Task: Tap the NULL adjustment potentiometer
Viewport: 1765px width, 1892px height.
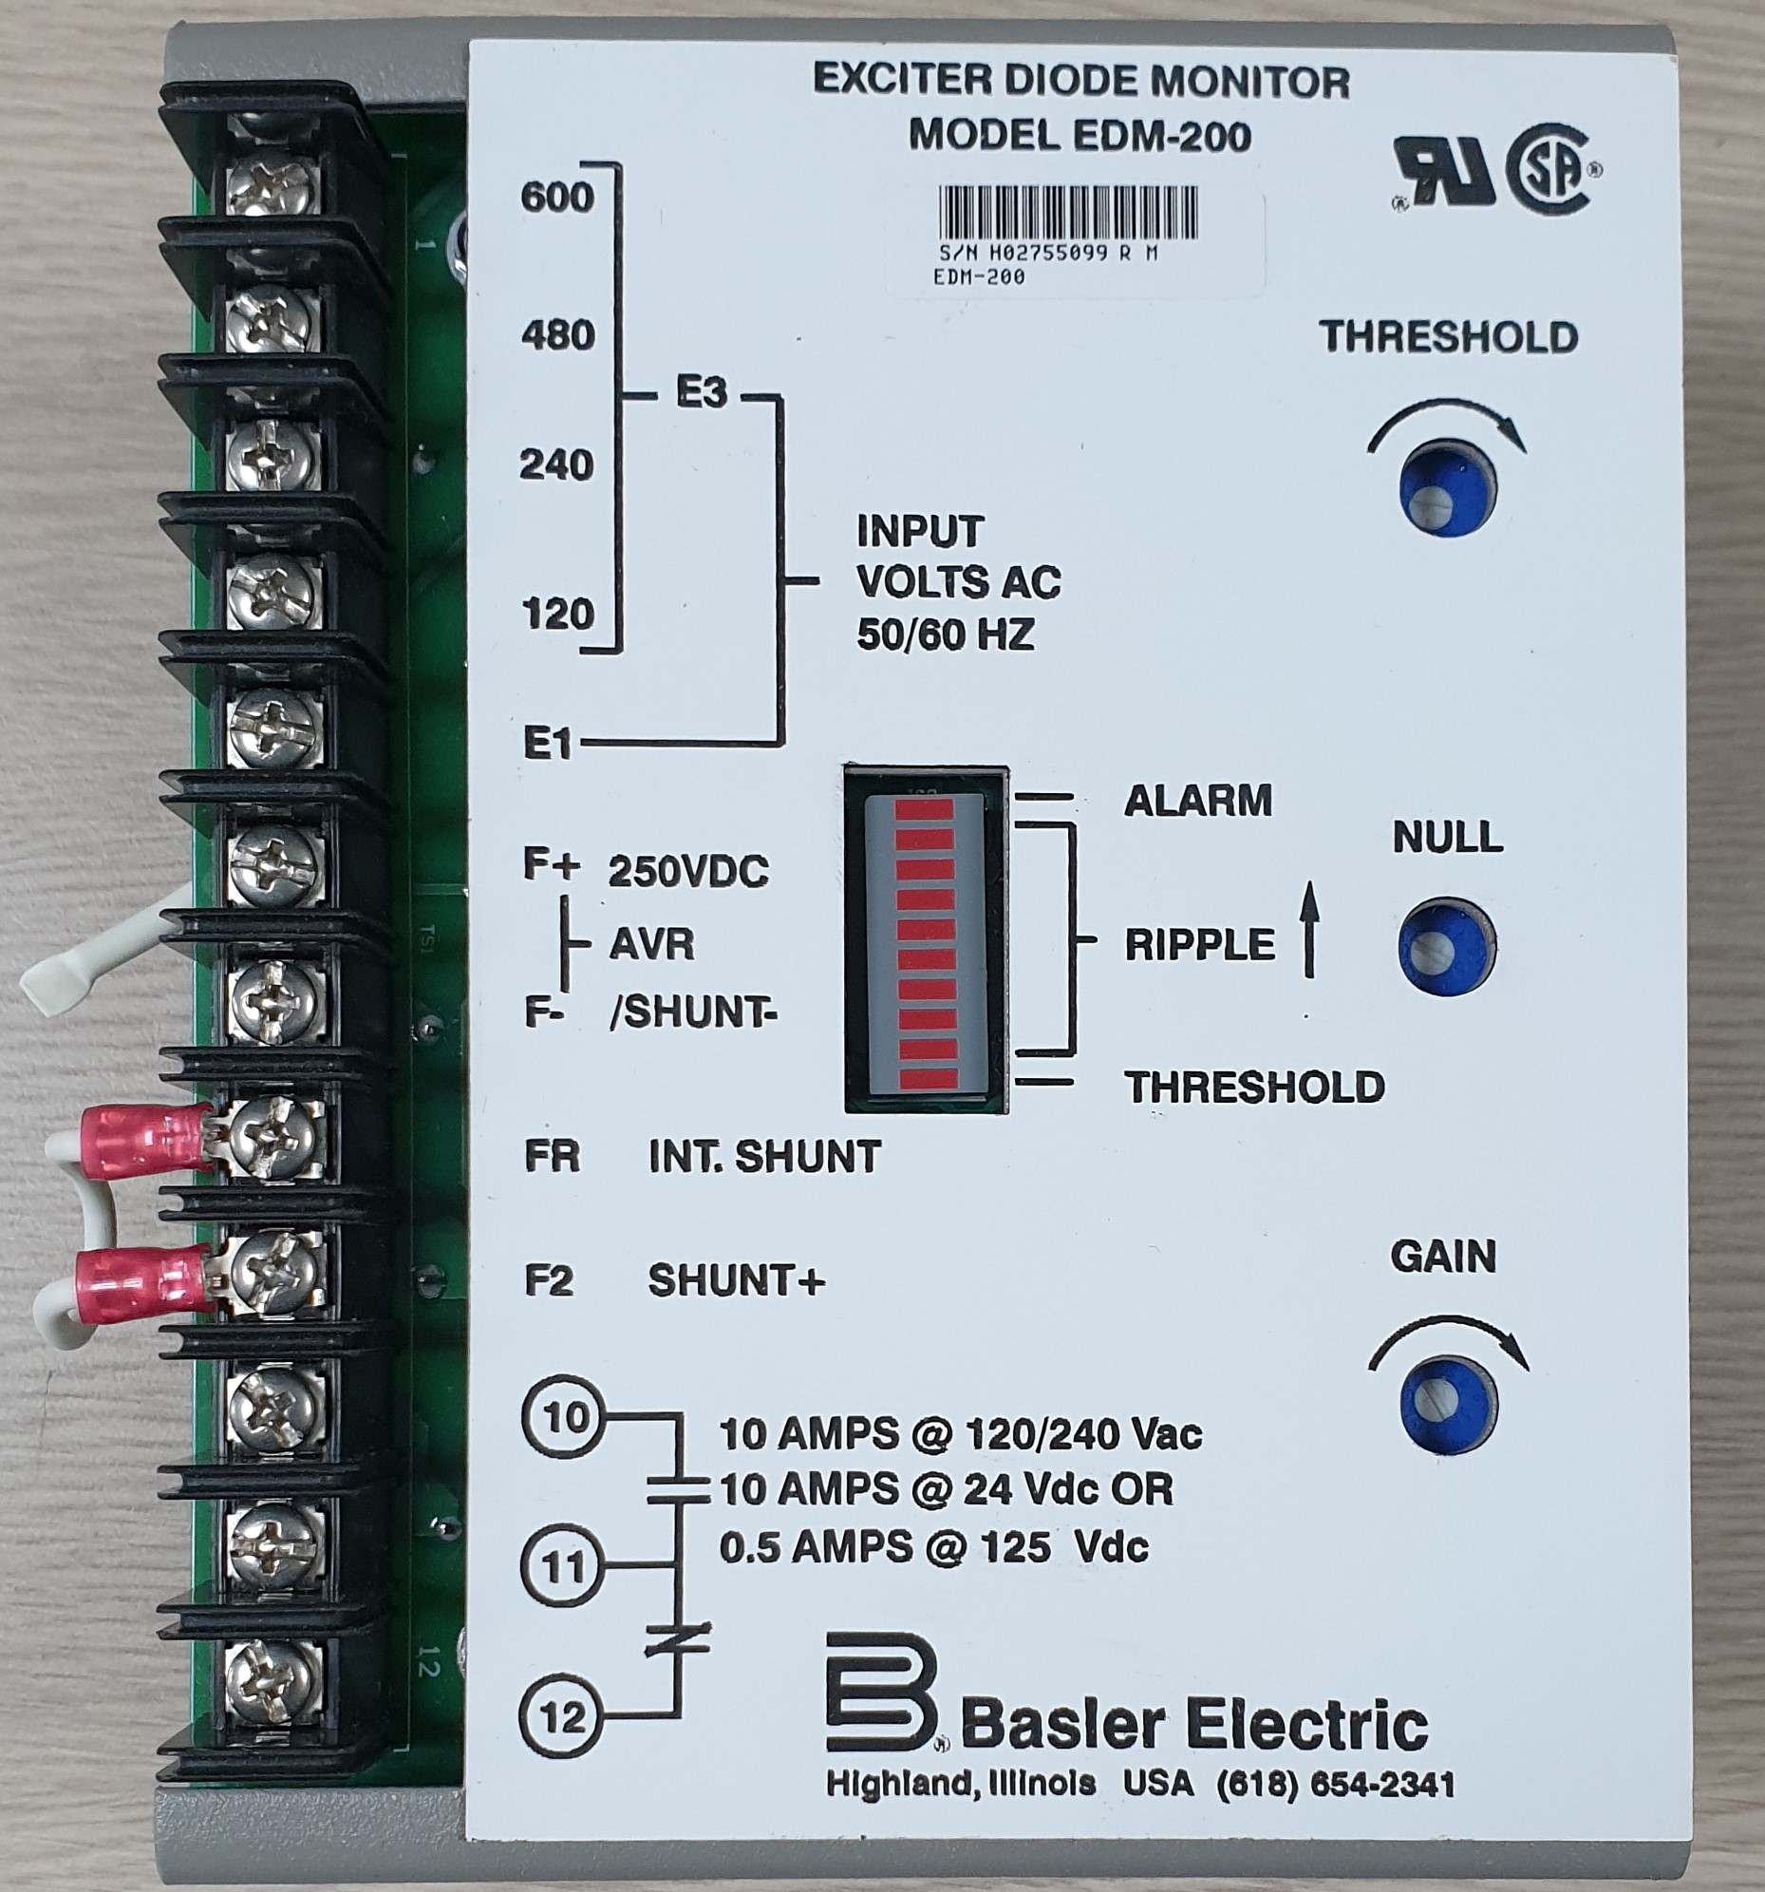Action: click(1446, 945)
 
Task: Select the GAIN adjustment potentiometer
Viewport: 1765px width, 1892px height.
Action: click(1448, 1405)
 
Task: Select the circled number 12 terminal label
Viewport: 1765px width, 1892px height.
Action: click(562, 1717)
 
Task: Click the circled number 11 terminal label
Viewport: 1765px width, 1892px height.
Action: click(563, 1566)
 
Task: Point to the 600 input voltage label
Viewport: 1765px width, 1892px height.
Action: click(556, 198)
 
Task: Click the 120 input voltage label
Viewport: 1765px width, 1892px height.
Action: click(557, 614)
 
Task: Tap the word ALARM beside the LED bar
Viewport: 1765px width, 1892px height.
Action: click(1197, 801)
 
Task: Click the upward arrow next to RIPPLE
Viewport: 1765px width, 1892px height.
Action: click(1309, 929)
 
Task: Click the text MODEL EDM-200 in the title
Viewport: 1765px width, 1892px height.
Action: click(1080, 136)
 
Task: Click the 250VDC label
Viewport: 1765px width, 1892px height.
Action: click(688, 872)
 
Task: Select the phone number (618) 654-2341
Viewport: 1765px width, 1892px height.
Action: click(1336, 1785)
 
